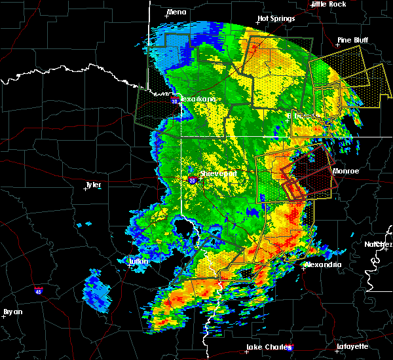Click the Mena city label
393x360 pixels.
click(177, 12)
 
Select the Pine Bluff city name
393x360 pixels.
click(352, 40)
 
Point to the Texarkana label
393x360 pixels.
click(198, 99)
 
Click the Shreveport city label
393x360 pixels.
click(218, 174)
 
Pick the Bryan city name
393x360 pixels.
click(13, 311)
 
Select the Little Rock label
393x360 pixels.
click(329, 4)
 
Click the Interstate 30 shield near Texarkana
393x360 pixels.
click(174, 101)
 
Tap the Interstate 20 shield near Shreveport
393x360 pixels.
click(192, 180)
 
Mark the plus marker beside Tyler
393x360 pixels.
click(86, 189)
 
